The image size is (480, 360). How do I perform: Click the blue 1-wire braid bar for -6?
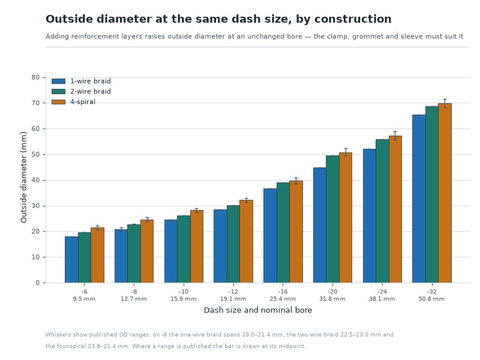tap(71, 260)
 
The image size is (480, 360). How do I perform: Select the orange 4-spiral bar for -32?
tap(445, 193)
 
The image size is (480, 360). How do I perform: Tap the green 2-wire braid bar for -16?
tap(283, 233)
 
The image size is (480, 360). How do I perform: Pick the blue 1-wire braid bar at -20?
tap(320, 225)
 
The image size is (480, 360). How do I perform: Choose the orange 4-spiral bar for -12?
tap(246, 241)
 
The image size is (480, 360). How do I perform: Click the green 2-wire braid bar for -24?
tap(382, 211)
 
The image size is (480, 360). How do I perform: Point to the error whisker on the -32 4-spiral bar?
tap(445, 103)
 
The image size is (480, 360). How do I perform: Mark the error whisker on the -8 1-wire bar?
tap(121, 230)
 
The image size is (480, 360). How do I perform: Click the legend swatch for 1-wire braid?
tap(58, 81)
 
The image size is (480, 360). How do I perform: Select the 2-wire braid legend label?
tap(91, 91)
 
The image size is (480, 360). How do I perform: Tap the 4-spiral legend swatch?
tap(58, 101)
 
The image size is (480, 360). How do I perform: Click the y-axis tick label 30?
tap(35, 206)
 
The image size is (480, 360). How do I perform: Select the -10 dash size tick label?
tap(184, 292)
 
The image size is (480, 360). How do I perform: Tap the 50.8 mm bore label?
tap(431, 299)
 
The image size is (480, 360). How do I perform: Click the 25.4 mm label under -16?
tap(283, 299)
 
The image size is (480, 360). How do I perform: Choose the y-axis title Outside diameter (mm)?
tap(23, 177)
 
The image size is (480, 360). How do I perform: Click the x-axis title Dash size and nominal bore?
tap(258, 310)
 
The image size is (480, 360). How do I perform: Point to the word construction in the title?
tap(353, 19)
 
